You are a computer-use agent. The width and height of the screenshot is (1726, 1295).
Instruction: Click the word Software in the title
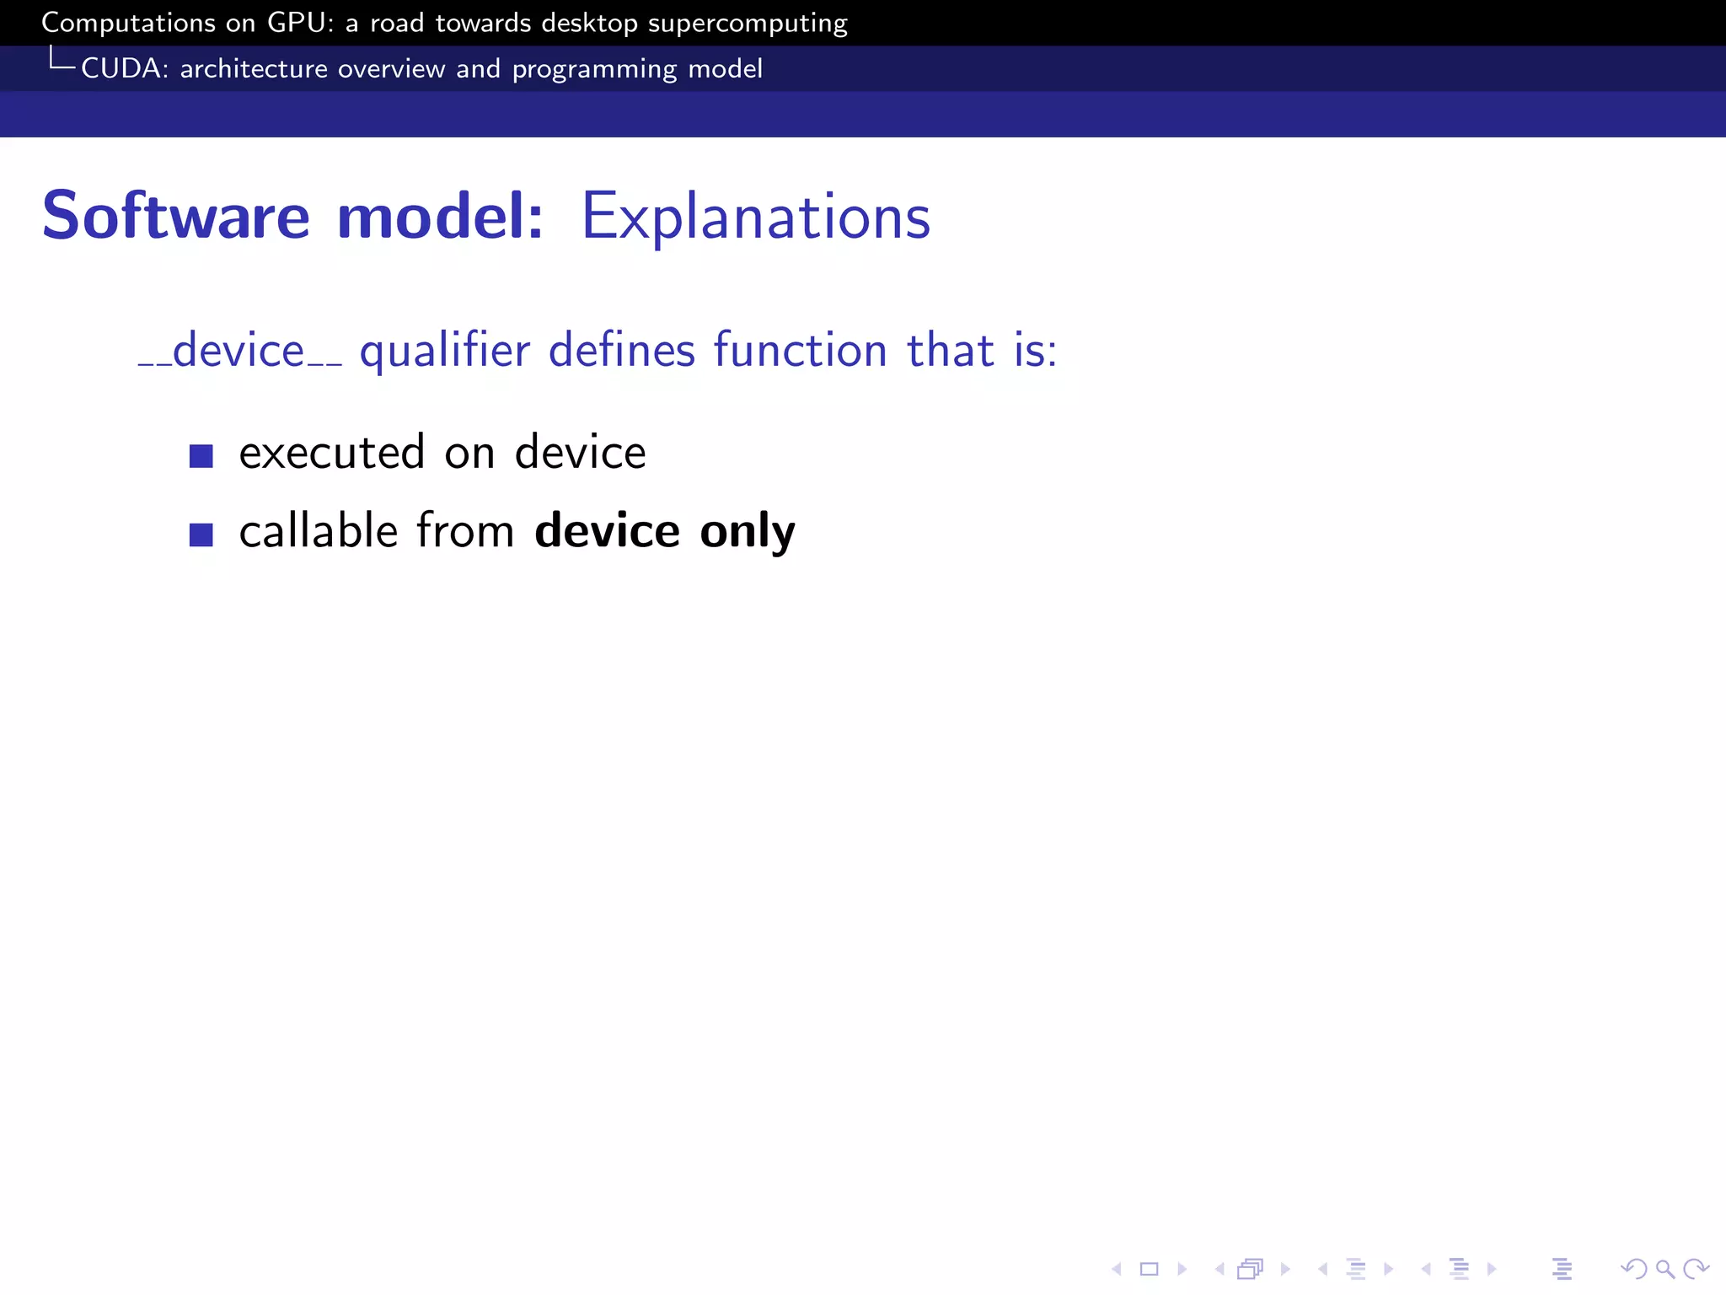pyautogui.click(x=176, y=217)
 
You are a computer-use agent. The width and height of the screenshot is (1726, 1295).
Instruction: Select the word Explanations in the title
pyautogui.click(x=755, y=218)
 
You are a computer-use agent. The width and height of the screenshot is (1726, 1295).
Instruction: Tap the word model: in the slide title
pyautogui.click(x=440, y=217)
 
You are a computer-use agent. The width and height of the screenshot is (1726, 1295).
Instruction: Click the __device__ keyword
pyautogui.click(x=240, y=351)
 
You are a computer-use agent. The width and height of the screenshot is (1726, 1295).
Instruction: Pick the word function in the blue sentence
pyautogui.click(x=800, y=351)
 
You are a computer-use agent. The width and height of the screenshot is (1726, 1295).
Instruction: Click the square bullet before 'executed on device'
pyautogui.click(x=201, y=456)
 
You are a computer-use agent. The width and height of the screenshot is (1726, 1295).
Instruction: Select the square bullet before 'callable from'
pyautogui.click(x=201, y=535)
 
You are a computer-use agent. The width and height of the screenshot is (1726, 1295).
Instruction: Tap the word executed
pyautogui.click(x=331, y=453)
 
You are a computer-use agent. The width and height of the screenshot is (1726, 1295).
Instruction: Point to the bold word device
pyautogui.click(x=607, y=531)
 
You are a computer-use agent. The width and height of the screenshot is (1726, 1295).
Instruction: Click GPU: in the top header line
pyautogui.click(x=300, y=23)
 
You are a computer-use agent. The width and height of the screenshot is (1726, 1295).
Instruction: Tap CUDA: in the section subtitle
pyautogui.click(x=125, y=68)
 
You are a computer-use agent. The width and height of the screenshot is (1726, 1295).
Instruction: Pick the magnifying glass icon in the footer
pyautogui.click(x=1664, y=1269)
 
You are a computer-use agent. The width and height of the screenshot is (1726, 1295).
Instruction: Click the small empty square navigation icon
pyautogui.click(x=1149, y=1269)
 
